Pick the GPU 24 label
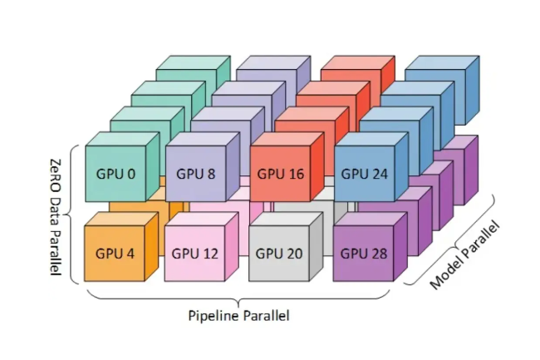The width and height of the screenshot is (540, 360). coord(366,175)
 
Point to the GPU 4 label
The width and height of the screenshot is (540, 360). coord(115,253)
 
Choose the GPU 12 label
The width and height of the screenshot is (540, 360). coord(196,253)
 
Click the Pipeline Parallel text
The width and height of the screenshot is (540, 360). coord(240,316)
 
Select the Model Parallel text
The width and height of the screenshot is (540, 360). coord(466,254)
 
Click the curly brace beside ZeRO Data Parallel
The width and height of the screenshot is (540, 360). coord(73,215)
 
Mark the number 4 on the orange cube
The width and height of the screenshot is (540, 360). coord(130,253)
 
